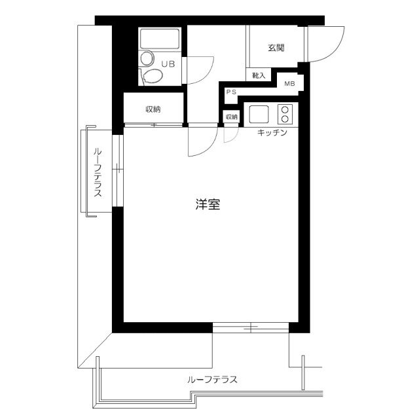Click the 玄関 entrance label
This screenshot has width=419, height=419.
(x=276, y=48)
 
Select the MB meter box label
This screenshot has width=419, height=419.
(x=289, y=83)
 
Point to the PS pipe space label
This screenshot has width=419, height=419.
(x=230, y=92)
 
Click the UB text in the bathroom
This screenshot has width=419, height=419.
(x=168, y=64)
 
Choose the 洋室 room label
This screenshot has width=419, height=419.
(x=207, y=204)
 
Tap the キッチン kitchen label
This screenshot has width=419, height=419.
(x=272, y=133)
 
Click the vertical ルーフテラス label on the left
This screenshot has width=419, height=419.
(x=98, y=173)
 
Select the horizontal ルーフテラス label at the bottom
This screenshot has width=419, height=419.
(x=211, y=379)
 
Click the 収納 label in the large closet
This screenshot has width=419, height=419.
(x=153, y=109)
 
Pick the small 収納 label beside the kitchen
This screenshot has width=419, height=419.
(x=232, y=117)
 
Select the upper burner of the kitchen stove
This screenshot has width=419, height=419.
(x=285, y=109)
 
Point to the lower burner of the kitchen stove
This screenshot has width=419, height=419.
(x=285, y=119)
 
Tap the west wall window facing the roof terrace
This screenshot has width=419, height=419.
(x=117, y=170)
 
